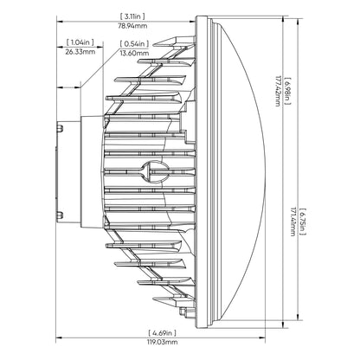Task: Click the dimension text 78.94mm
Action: (132, 24)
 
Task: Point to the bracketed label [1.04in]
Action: (81, 42)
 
